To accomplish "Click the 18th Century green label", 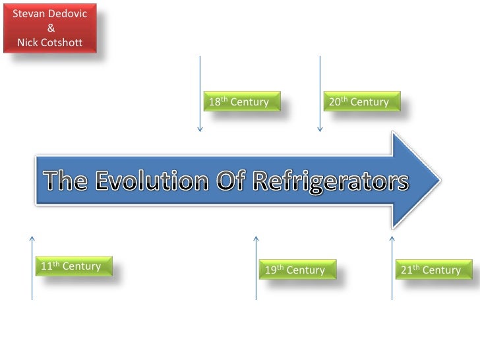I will pyautogui.click(x=241, y=102).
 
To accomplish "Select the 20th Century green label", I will pyautogui.click(x=361, y=102).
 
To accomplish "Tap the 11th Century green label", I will pyautogui.click(x=73, y=266).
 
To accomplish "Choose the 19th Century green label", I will pyautogui.click(x=297, y=270).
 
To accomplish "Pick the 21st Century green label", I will pyautogui.click(x=433, y=270).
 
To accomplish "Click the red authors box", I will pyautogui.click(x=51, y=28).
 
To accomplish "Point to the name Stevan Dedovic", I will pyautogui.click(x=50, y=13).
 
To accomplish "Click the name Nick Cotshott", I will pyautogui.click(x=50, y=43).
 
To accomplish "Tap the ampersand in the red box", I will pyautogui.click(x=51, y=28).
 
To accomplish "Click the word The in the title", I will pyautogui.click(x=67, y=181).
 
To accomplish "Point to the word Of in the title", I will pyautogui.click(x=231, y=181).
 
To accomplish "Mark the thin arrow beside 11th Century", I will pyautogui.click(x=32, y=267).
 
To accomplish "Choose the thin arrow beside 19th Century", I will pyautogui.click(x=256, y=267).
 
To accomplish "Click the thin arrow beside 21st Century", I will pyautogui.click(x=392, y=267).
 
